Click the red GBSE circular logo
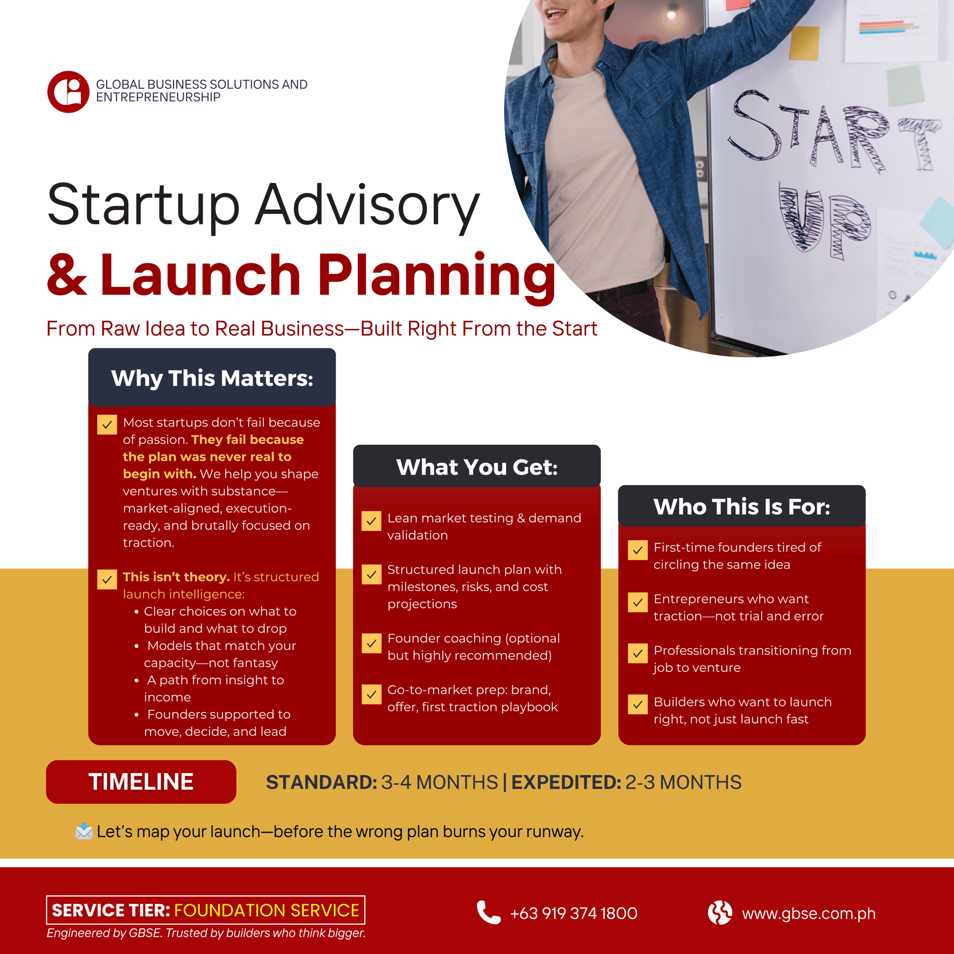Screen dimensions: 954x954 68,92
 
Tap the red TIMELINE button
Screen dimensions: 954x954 141,782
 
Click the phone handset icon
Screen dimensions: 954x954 488,913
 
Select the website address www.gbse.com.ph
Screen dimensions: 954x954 808,913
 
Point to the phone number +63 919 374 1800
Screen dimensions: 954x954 573,913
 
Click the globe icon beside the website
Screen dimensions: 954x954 720,913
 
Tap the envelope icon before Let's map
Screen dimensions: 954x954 84,831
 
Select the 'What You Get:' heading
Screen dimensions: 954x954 477,467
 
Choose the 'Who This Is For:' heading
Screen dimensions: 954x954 742,507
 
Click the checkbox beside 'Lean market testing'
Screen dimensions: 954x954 371,521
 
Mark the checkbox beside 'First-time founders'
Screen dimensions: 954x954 638,550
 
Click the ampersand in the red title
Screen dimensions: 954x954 67,275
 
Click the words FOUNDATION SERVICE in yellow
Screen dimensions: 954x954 267,910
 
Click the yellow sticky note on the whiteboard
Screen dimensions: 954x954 804,42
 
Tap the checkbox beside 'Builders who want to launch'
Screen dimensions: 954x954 638,705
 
